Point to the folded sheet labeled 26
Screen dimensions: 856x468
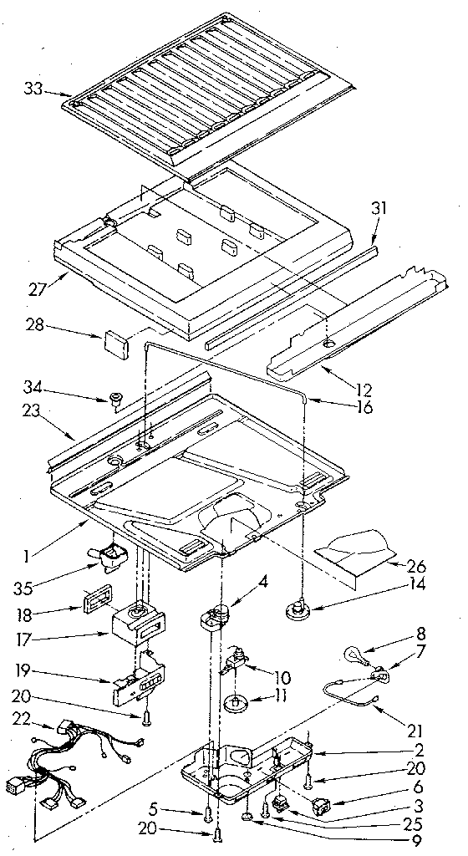point(355,554)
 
